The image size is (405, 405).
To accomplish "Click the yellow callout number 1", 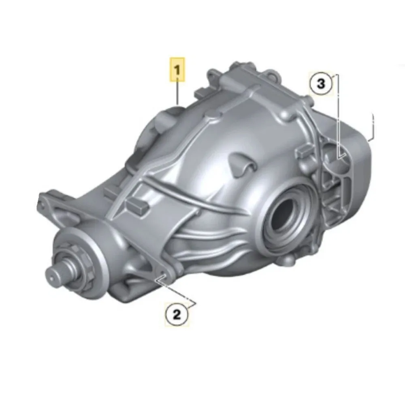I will tap(177, 70).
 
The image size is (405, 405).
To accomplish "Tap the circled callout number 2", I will tap(177, 314).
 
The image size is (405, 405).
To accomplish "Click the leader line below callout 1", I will tap(177, 93).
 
